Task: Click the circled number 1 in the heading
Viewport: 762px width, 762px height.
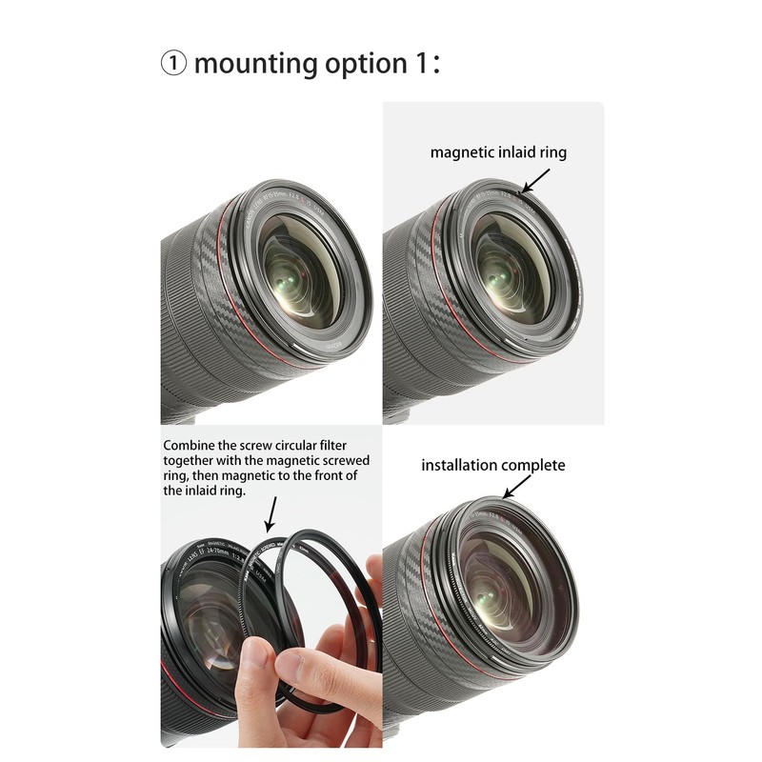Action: coord(173,64)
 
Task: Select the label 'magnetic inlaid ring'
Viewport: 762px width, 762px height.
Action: coord(498,152)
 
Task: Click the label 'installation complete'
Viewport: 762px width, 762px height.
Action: coord(493,466)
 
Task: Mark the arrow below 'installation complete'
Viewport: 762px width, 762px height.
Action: coord(516,489)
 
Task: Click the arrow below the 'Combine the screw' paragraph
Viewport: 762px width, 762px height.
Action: coord(270,515)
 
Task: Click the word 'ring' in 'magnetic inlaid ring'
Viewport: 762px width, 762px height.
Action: coord(551,152)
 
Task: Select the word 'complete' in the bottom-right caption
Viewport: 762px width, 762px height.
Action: coord(533,466)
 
